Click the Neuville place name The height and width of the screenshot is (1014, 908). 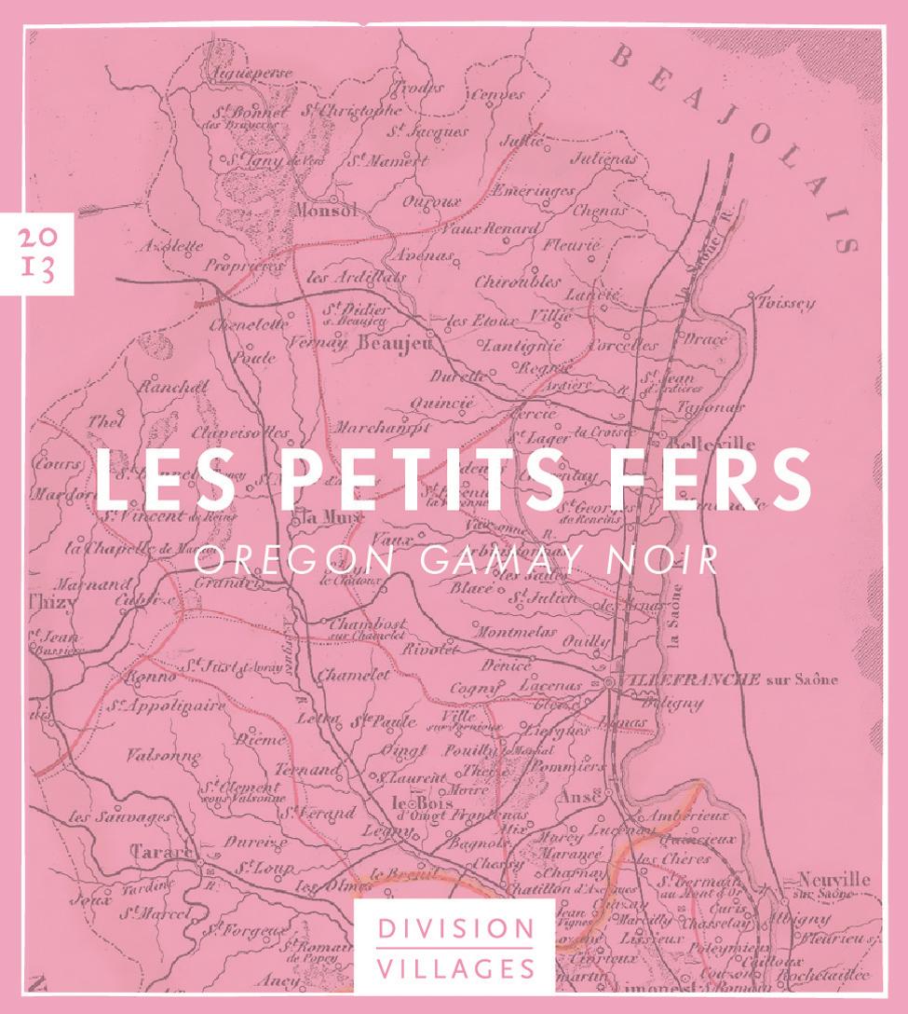(833, 879)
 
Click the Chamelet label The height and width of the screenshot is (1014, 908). (354, 676)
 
